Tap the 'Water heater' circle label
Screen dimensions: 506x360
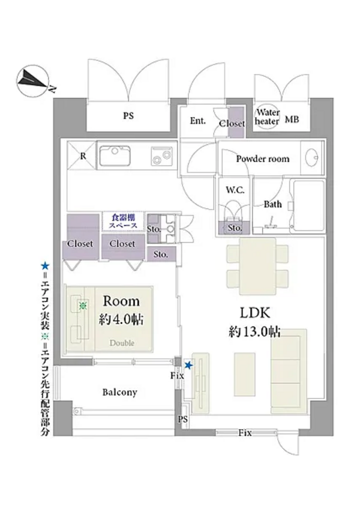pyautogui.click(x=267, y=116)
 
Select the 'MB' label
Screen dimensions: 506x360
pyautogui.click(x=292, y=119)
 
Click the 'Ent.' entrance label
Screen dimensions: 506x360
pyautogui.click(x=198, y=121)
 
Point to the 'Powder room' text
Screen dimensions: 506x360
pyautogui.click(x=262, y=159)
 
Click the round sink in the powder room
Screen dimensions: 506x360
pyautogui.click(x=312, y=159)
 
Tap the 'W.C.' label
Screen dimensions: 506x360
pyautogui.click(x=234, y=190)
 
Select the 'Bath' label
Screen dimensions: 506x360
pyautogui.click(x=273, y=204)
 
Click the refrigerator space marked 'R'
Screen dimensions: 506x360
pyautogui.click(x=82, y=156)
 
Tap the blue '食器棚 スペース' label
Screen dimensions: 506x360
pyautogui.click(x=124, y=221)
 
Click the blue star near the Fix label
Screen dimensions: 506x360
pyautogui.click(x=189, y=366)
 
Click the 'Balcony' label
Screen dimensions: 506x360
pyautogui.click(x=119, y=393)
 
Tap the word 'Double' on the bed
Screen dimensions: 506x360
pyautogui.click(x=122, y=343)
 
